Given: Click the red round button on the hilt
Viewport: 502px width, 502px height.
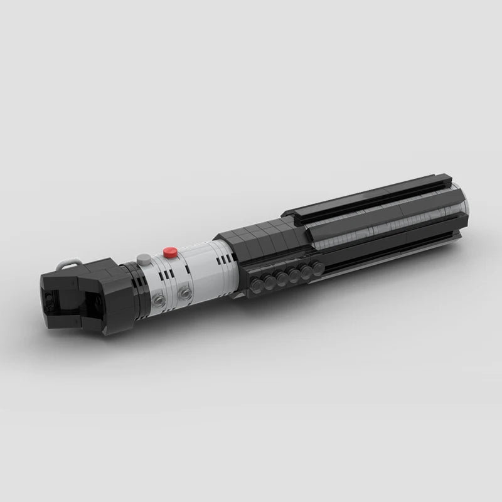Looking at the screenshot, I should point(168,252).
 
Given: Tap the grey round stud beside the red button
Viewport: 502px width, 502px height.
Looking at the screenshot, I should point(146,258).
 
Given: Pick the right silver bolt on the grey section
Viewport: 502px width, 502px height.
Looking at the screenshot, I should point(184,293).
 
